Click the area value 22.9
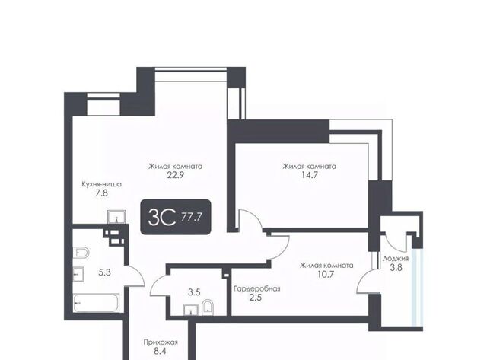click(176, 175)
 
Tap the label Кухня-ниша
click(101, 184)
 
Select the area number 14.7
click(310, 175)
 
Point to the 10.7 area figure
click(326, 274)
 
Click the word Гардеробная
click(257, 289)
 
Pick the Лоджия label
click(396, 259)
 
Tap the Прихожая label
click(161, 342)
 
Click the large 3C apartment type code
click(162, 217)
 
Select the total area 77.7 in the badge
click(191, 217)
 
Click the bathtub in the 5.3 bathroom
click(97, 303)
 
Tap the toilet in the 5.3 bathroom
click(81, 252)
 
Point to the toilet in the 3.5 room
click(207, 307)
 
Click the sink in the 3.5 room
click(191, 311)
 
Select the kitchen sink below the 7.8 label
click(116, 216)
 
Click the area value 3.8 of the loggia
click(396, 267)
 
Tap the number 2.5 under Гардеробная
click(256, 298)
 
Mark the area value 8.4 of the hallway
click(160, 352)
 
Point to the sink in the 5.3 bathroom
click(78, 274)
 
